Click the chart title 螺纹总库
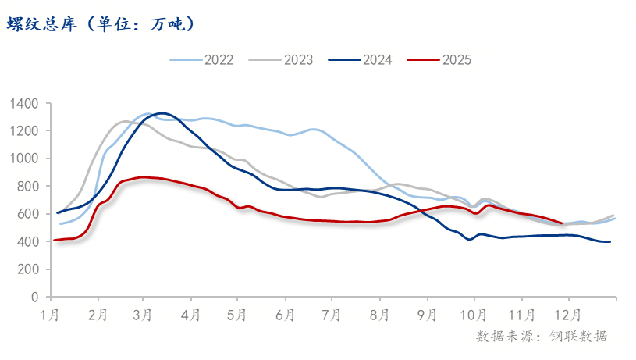(x=101, y=24)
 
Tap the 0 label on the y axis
(x=36, y=298)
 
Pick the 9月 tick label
(x=427, y=315)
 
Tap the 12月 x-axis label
(x=567, y=315)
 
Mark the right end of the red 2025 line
(x=561, y=223)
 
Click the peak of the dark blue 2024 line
(x=161, y=113)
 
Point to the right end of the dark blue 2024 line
(x=609, y=242)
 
